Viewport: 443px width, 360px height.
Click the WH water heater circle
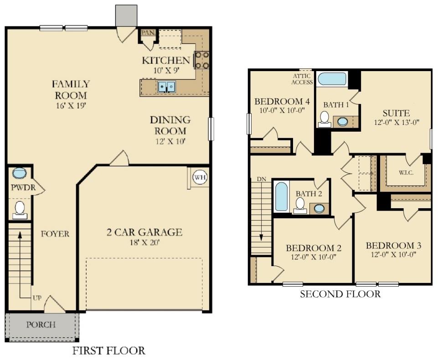point(199,177)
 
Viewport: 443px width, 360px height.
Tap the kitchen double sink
point(167,87)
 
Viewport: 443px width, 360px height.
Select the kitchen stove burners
point(202,60)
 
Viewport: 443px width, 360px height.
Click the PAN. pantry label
point(147,33)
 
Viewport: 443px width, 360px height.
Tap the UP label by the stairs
point(36,298)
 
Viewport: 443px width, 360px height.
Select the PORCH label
point(41,325)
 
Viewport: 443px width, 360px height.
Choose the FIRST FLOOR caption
point(109,351)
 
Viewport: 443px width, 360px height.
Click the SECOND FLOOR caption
point(340,294)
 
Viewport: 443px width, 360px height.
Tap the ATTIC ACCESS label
point(303,79)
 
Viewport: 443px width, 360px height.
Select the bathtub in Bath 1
point(332,79)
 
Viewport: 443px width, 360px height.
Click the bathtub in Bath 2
point(281,196)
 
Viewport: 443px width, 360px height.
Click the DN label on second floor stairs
point(262,179)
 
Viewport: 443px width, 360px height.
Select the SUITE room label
point(396,113)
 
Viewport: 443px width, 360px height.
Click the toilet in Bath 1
point(325,118)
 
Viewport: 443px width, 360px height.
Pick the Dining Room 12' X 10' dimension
point(170,141)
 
